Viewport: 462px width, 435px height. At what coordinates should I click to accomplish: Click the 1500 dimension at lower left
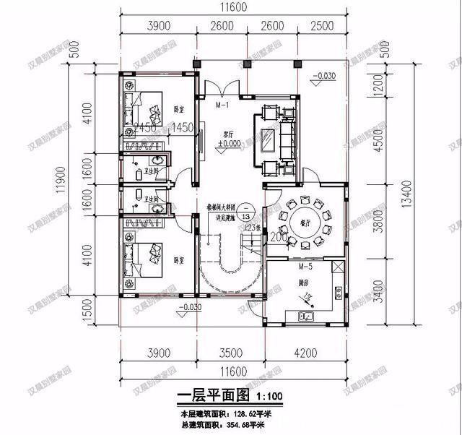[x=87, y=314]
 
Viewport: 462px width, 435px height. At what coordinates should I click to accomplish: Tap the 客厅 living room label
[x=229, y=134]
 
